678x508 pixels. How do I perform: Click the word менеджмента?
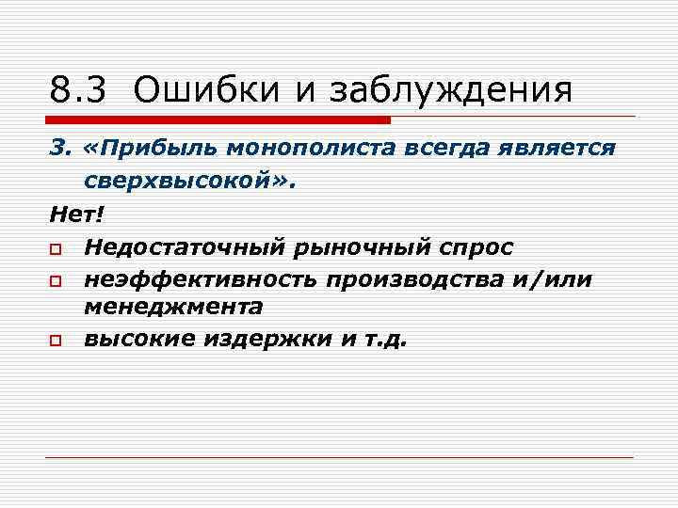click(x=173, y=306)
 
